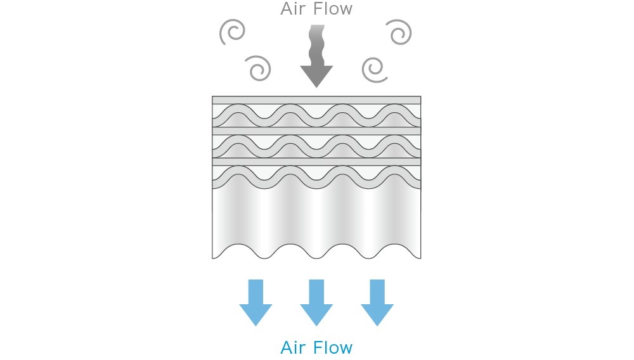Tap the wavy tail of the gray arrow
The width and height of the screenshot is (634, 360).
pyautogui.click(x=316, y=45)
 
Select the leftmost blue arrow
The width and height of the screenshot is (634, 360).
pyautogui.click(x=256, y=302)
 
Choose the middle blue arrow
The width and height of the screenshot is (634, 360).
pyautogui.click(x=316, y=302)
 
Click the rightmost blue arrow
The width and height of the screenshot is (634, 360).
pyautogui.click(x=377, y=302)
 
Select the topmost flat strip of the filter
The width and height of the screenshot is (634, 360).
pyautogui.click(x=316, y=100)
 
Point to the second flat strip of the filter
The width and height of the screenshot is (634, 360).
pyautogui.click(x=316, y=131)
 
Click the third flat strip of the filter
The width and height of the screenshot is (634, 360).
pyautogui.click(x=316, y=162)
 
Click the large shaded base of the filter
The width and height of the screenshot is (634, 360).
pyautogui.click(x=316, y=218)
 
